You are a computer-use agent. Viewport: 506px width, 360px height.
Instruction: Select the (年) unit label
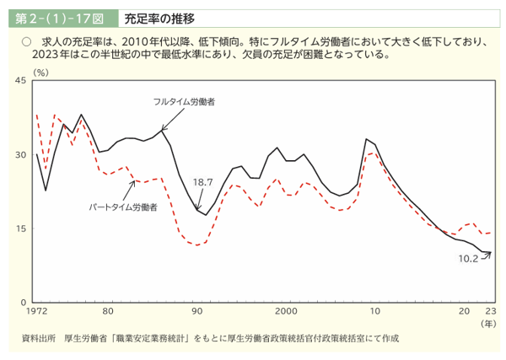point(488,324)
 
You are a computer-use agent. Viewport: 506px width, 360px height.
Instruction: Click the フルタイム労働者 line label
point(184,103)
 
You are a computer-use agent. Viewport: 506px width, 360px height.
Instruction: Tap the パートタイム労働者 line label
point(124,207)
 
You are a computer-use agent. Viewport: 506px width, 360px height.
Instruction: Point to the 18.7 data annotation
point(203,181)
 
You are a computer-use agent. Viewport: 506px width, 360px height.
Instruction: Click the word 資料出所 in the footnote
point(39,338)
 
